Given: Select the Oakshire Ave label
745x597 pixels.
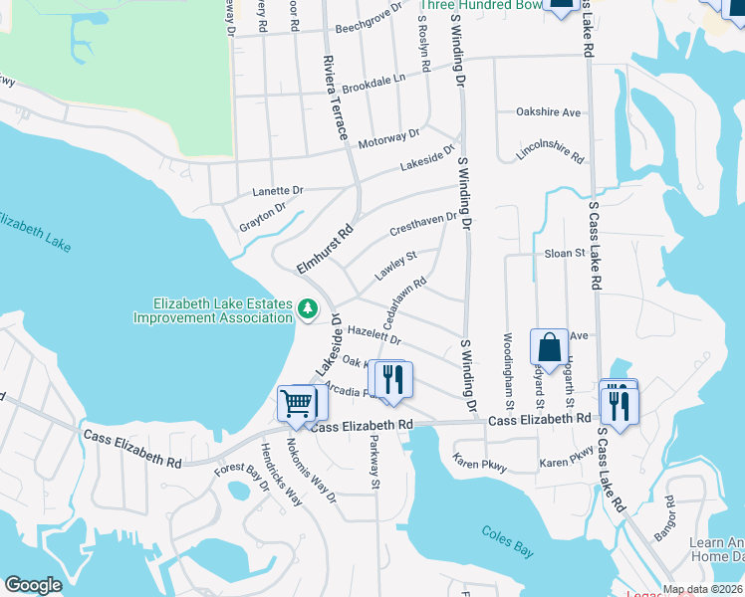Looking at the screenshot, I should (x=548, y=112).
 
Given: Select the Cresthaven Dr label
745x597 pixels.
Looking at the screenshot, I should (x=423, y=222).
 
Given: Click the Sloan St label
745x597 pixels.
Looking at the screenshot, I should (x=565, y=254).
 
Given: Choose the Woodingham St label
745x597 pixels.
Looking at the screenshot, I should (x=507, y=370).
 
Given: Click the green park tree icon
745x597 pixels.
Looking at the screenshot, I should (x=309, y=310).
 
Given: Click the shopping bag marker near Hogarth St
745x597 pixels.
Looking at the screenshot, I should (x=549, y=348).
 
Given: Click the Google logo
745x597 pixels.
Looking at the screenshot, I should (x=33, y=585).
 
